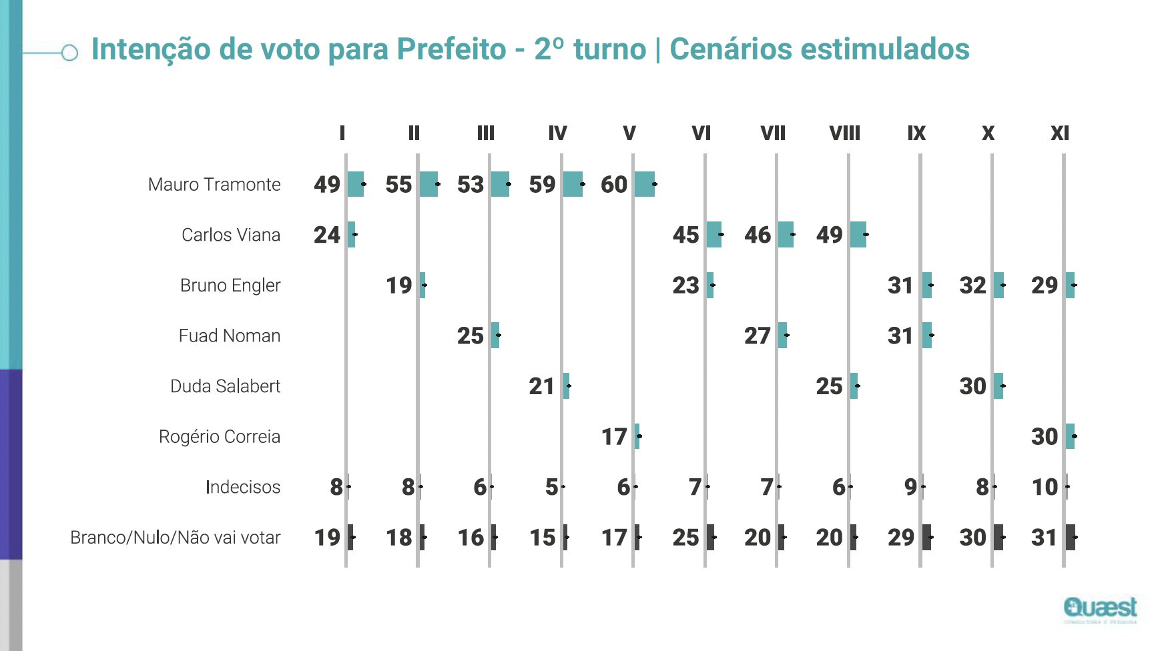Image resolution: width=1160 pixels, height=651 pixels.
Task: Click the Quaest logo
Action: pyautogui.click(x=1100, y=608)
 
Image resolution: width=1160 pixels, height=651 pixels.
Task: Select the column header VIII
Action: pyautogui.click(x=844, y=133)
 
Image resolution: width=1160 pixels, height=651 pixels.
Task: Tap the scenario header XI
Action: pyautogui.click(x=1059, y=133)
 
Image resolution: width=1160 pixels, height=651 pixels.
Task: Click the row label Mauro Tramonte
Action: pyautogui.click(x=214, y=185)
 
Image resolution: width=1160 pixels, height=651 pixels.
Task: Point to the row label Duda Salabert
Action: pyautogui.click(x=225, y=386)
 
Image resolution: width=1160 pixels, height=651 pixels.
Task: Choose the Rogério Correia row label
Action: pyautogui.click(x=219, y=437)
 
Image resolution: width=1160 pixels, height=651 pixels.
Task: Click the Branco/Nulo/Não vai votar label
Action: pyautogui.click(x=175, y=538)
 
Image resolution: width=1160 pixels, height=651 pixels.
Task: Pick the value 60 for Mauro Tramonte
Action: pyautogui.click(x=614, y=185)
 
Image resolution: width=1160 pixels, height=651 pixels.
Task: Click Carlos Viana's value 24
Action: pyautogui.click(x=327, y=235)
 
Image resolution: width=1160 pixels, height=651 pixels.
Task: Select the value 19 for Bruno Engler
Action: pyautogui.click(x=399, y=285)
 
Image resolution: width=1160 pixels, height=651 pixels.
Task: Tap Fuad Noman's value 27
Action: pyautogui.click(x=758, y=336)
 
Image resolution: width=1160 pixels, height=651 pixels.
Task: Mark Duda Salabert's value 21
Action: pyautogui.click(x=542, y=386)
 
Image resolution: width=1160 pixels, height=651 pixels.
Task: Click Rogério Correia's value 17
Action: pyautogui.click(x=614, y=437)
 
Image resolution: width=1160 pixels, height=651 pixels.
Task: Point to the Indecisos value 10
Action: pyautogui.click(x=1045, y=487)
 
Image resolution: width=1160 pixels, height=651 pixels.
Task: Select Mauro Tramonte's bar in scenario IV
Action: pyautogui.click(x=573, y=184)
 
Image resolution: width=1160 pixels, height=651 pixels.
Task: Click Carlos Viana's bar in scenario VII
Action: pyautogui.click(x=786, y=235)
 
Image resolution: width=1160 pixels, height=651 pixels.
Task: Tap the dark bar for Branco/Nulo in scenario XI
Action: pyautogui.click(x=1071, y=537)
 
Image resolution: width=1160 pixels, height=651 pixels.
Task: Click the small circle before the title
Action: pyautogui.click(x=69, y=53)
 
